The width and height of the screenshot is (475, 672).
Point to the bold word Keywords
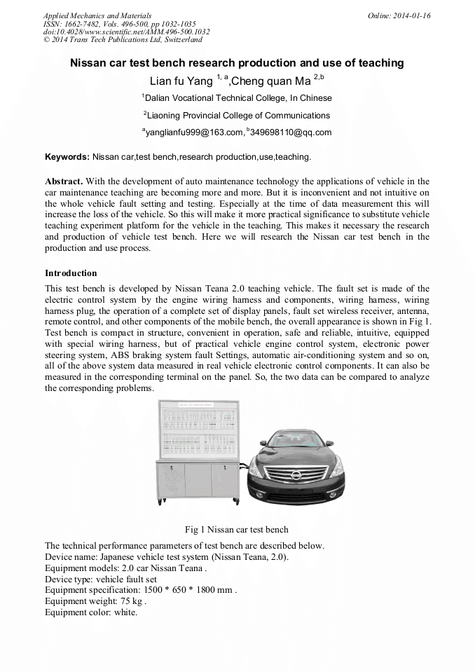point(67,157)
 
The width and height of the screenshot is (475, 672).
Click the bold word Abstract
point(64,181)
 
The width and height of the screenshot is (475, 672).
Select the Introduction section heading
point(71,273)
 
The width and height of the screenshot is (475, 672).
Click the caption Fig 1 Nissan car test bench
point(236,529)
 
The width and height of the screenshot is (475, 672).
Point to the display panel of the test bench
point(198,429)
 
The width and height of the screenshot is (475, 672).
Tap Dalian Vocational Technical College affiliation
point(237,98)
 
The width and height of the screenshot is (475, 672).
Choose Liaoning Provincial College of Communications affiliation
point(237,116)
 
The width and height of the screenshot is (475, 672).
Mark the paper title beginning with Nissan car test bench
point(237,63)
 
